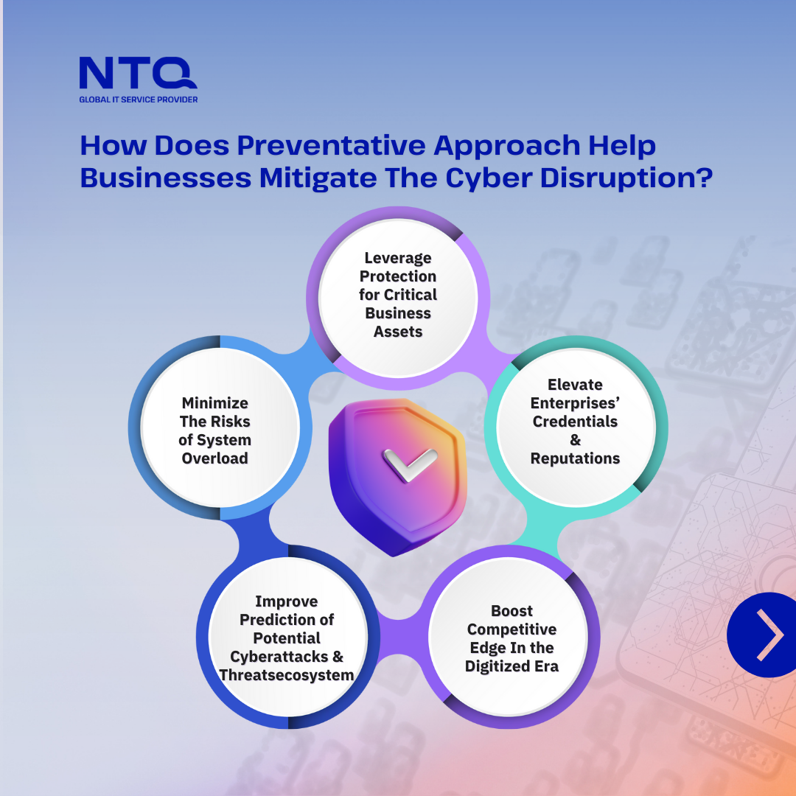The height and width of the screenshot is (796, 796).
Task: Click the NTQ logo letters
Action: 138,73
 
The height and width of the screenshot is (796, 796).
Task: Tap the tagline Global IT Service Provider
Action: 138,99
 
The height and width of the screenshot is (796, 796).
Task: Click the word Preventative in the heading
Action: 332,145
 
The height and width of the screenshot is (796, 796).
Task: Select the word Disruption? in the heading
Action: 626,178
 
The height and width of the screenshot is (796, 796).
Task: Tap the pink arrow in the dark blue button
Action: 770,635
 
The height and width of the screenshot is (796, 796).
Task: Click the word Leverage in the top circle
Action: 398,258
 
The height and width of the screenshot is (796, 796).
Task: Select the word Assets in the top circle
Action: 398,332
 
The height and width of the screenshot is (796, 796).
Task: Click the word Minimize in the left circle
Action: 214,403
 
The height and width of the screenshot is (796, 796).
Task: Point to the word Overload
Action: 214,458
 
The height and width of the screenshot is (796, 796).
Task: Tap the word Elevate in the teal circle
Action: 575,385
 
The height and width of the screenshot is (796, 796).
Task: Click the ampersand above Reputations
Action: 575,439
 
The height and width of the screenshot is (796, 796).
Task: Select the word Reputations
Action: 575,458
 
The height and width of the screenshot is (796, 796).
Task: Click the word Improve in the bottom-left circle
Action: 286,601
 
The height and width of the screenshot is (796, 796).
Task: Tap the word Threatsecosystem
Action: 286,675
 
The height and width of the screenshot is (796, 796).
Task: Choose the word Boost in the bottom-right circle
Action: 512,611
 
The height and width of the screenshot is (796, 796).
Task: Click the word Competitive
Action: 512,629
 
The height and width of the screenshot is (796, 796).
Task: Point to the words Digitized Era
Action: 512,666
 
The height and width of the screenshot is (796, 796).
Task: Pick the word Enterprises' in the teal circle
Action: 575,403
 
